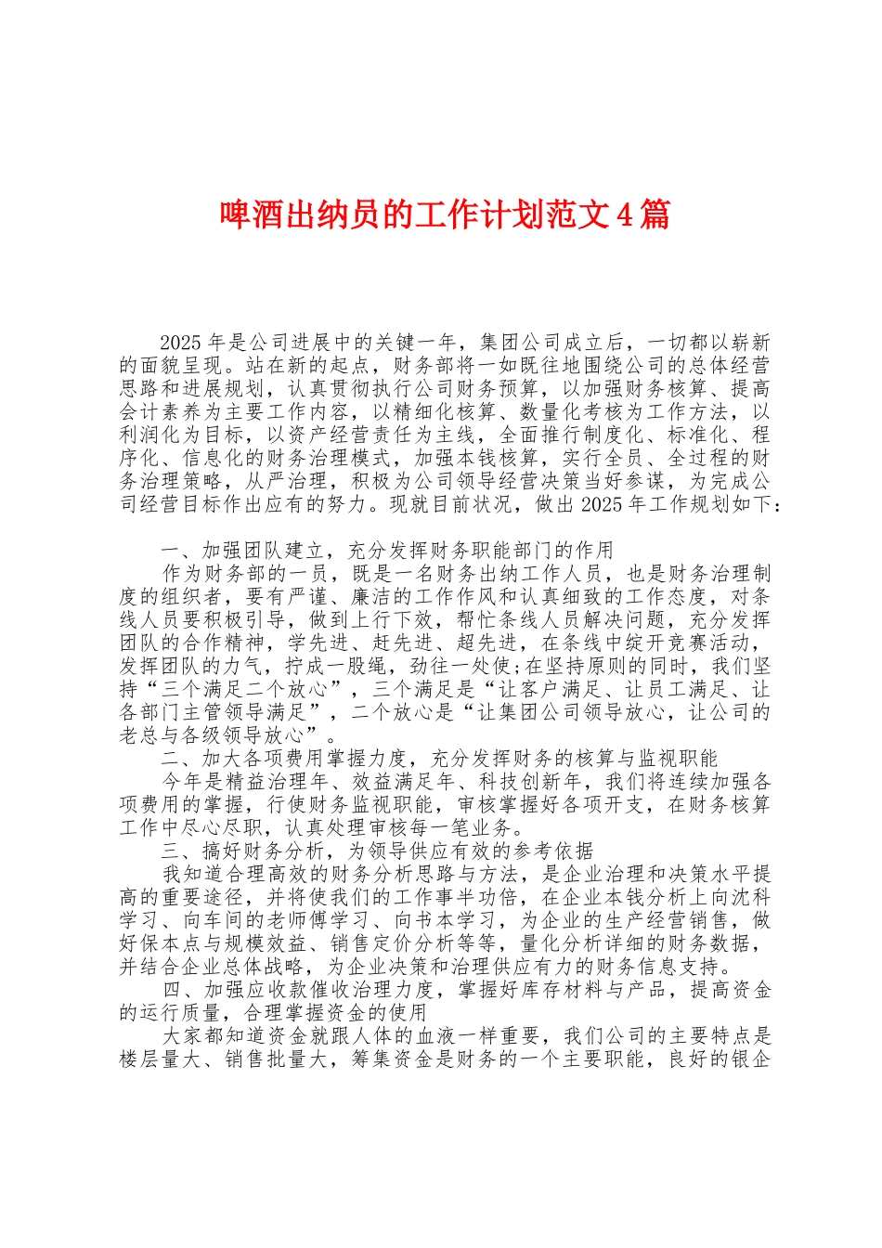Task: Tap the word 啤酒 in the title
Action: [x=241, y=215]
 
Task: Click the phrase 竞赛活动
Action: [x=718, y=643]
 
